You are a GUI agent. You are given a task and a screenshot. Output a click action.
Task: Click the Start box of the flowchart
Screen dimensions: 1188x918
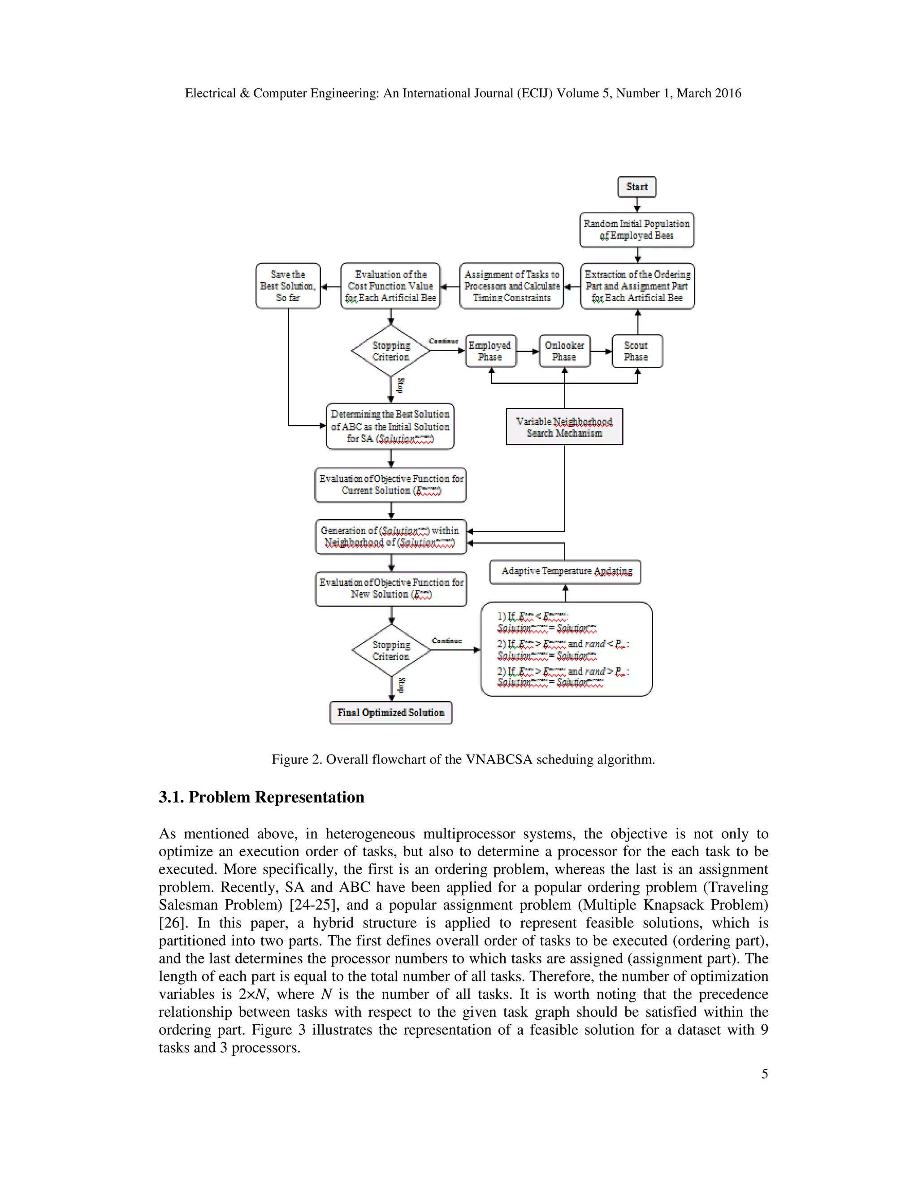[x=637, y=186]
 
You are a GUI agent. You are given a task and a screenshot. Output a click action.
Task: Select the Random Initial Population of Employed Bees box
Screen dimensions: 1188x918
[x=637, y=230]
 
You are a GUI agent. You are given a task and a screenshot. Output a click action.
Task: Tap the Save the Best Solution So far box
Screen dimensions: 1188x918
[x=288, y=286]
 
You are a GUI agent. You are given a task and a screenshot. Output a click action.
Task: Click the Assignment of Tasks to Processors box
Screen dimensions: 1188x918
[x=511, y=286]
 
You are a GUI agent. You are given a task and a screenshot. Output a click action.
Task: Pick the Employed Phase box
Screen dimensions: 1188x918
[x=490, y=351]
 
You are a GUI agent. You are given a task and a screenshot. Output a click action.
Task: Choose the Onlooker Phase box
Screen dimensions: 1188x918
[x=564, y=351]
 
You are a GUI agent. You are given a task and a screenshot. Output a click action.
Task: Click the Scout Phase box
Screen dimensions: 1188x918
[x=637, y=351]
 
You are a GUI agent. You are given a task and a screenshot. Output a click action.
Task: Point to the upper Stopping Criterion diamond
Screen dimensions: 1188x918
[x=390, y=351]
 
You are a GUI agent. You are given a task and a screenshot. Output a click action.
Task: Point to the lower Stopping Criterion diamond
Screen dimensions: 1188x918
[x=390, y=650]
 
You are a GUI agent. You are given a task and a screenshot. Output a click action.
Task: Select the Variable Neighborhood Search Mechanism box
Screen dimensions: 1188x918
[x=564, y=426]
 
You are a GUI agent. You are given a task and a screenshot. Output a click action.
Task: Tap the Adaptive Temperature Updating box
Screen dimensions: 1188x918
[x=565, y=571]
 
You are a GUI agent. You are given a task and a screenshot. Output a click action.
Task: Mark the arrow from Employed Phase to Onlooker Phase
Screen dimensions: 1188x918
[x=527, y=351]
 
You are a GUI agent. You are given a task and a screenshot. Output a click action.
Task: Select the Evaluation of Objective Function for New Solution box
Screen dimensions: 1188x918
[x=390, y=588]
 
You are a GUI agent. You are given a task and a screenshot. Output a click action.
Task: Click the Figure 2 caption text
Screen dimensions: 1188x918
[x=463, y=759]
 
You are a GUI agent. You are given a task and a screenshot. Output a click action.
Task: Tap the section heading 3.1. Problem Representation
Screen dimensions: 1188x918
[x=261, y=797]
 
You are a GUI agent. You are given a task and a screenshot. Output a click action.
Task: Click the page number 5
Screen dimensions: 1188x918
[x=764, y=1074]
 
